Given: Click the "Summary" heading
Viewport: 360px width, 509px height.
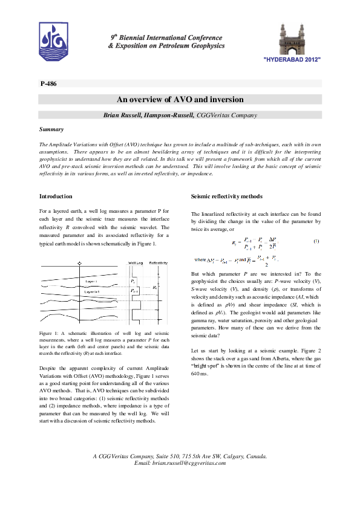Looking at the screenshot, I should tap(51, 129).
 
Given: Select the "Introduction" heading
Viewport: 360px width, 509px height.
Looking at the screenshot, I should tap(56, 196).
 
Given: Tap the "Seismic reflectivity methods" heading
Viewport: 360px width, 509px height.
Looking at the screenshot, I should tap(226, 196).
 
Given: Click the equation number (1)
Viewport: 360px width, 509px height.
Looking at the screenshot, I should tap(316, 241).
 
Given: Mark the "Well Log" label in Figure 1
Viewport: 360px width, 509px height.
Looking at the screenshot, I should tap(136, 264).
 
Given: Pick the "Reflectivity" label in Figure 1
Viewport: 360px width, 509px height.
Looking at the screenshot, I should tap(159, 264).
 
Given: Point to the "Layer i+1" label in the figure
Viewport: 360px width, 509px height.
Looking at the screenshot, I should tap(93, 291).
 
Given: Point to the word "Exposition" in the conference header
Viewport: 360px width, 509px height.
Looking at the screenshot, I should tap(130, 46).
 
